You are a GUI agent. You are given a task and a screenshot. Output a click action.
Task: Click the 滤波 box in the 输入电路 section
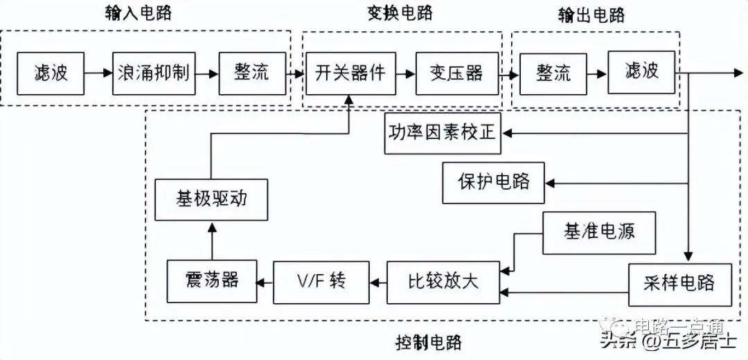51,73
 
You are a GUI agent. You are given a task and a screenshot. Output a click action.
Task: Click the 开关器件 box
350,73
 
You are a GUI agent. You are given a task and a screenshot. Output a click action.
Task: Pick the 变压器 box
456,73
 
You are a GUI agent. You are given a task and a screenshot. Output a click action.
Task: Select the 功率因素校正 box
443,132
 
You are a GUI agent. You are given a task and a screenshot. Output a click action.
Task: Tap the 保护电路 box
494,181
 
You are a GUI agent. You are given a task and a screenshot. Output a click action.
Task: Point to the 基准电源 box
599,231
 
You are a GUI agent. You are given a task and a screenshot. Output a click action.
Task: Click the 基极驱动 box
211,199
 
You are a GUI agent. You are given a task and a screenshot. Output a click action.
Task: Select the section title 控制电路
429,341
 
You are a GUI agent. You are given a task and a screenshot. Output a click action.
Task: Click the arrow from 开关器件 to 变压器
405,73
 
